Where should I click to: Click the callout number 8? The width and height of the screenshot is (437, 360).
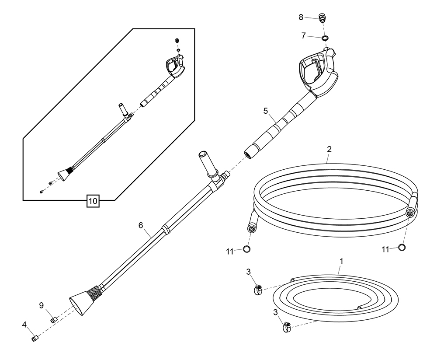[x=301, y=17]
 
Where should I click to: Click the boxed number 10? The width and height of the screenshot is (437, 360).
[x=93, y=201]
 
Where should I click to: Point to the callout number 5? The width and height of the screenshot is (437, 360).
[x=265, y=111]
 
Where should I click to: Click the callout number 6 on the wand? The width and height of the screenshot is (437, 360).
[x=141, y=225]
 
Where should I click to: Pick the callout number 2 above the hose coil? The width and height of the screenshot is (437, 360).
[x=329, y=149]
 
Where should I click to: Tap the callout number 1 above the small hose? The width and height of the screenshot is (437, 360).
[x=341, y=261]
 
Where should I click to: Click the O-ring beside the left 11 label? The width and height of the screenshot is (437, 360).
[x=247, y=249]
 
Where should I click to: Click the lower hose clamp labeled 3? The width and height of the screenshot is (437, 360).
[x=286, y=326]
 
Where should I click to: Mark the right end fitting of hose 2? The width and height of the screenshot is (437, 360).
[x=409, y=213]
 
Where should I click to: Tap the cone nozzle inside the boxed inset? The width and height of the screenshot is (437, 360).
[x=63, y=175]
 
